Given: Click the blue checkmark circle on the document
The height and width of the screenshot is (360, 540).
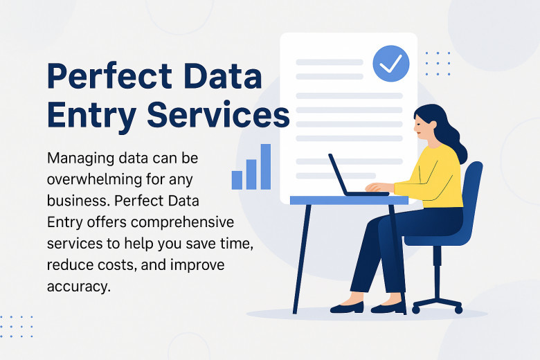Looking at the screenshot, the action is [x=391, y=64].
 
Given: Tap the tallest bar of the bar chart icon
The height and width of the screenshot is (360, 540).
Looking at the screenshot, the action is [x=266, y=167].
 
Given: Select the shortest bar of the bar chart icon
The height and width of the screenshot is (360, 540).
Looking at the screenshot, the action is [x=237, y=180].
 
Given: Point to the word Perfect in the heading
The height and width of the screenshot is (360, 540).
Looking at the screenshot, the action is [x=109, y=75].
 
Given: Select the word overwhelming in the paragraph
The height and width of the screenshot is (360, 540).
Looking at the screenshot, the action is [x=94, y=179].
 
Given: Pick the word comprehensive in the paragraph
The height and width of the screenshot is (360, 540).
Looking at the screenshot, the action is [x=183, y=222].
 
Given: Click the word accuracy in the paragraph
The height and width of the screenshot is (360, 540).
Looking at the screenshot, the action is [x=79, y=287].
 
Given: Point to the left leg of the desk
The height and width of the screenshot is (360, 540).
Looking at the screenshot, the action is [x=302, y=259].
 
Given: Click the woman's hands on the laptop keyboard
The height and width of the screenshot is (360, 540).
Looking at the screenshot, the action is [x=376, y=187].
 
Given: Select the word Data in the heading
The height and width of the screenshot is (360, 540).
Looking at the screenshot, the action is [x=223, y=75].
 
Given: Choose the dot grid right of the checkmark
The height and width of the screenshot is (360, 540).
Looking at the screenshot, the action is [x=438, y=64].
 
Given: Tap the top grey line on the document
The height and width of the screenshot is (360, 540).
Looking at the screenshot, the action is [x=330, y=62].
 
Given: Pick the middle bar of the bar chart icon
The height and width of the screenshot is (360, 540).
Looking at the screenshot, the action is [x=251, y=174].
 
